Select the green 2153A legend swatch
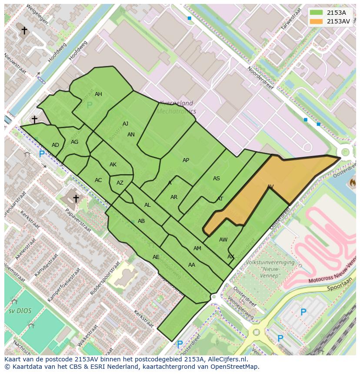tap(317, 13)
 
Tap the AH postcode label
tap(98, 94)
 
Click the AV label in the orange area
tap(270, 187)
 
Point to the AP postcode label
tap(186, 160)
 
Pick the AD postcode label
tap(55, 145)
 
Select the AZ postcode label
tap(120, 183)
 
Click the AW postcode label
tap(223, 240)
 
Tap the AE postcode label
tap(156, 257)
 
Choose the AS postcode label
tap(216, 179)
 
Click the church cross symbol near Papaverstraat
tap(76, 199)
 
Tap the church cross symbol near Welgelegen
tap(24, 30)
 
